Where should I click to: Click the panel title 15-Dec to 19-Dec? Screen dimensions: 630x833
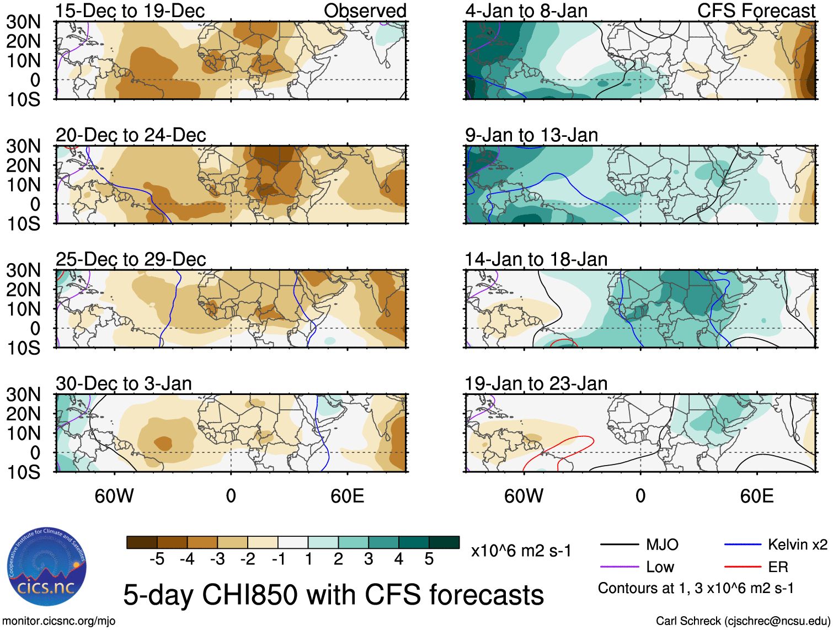130,10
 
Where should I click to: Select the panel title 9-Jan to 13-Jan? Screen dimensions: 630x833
531,135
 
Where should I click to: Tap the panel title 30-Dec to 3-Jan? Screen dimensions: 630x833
124,383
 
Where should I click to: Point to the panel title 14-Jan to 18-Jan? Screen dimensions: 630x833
536,259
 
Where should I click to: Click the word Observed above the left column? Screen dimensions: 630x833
365,10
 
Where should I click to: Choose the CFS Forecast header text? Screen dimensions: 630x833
756,10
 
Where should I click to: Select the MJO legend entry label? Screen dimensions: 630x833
662,545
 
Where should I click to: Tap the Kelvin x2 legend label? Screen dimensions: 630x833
797,545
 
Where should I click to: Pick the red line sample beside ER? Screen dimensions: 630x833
743,567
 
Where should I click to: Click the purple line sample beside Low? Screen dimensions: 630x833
620,567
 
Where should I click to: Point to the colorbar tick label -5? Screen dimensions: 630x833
157,559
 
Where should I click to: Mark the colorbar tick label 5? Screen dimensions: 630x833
429,559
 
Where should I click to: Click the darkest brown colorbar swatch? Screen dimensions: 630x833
142,542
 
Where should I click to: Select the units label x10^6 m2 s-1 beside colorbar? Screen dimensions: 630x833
521,551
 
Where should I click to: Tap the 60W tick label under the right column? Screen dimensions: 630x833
524,496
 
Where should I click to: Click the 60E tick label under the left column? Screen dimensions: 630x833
347,496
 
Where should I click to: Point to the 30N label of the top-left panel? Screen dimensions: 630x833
24,22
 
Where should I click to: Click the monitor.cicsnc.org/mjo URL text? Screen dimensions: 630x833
59,621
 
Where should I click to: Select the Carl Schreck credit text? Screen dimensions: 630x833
743,621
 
